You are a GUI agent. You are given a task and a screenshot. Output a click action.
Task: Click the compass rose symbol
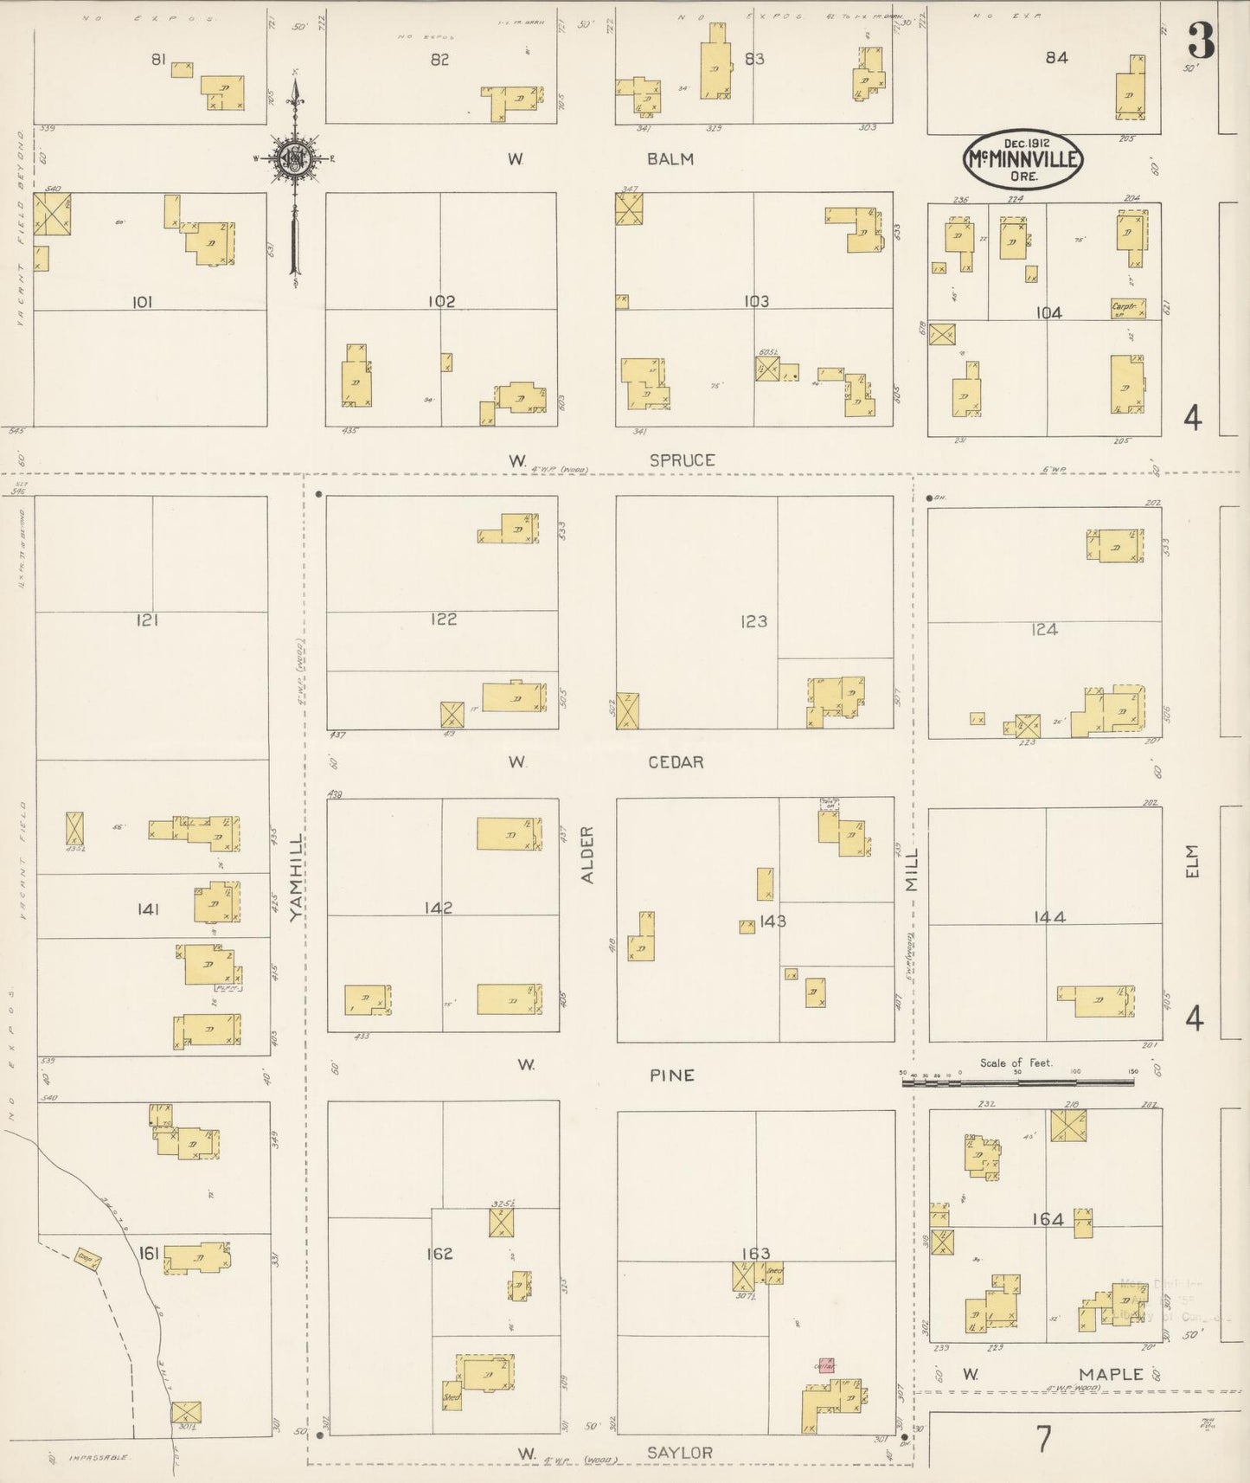(x=294, y=158)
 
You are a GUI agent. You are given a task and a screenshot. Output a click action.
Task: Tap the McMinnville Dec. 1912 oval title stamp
(x=1022, y=159)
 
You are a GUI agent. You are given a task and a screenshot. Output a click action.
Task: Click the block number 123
(x=753, y=620)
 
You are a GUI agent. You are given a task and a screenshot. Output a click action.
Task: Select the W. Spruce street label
(x=682, y=460)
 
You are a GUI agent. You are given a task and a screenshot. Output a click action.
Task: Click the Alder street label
(x=587, y=854)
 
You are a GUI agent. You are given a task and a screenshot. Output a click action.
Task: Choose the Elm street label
(x=1194, y=862)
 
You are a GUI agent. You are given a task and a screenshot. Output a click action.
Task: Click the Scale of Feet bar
(x=1017, y=1080)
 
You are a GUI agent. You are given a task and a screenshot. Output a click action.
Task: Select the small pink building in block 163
(x=826, y=1364)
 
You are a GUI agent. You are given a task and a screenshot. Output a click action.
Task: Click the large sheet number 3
(x=1200, y=41)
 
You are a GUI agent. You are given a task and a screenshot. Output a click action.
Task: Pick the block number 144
(x=1048, y=916)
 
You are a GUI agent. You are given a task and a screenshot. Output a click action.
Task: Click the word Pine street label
(x=672, y=1075)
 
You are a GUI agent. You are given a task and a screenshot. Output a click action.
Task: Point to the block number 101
(x=143, y=302)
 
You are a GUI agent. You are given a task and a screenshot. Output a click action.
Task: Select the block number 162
(x=439, y=1254)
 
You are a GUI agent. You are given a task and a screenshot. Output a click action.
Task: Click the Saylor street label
(x=679, y=1452)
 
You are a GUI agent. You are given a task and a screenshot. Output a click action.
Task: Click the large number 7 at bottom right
(x=1044, y=1439)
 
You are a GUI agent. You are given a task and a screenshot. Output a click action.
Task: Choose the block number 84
(x=1056, y=58)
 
